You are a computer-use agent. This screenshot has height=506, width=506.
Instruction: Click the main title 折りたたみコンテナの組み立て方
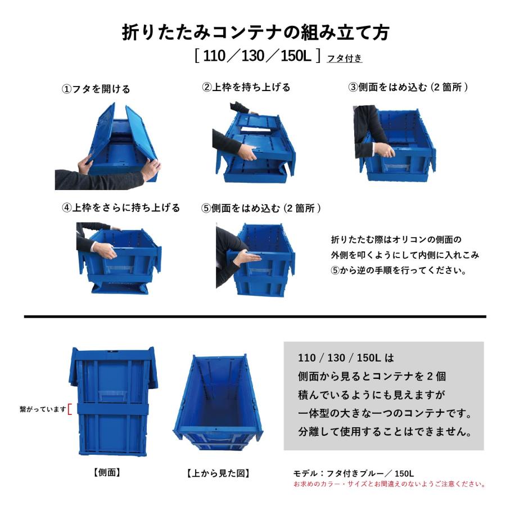[255, 32]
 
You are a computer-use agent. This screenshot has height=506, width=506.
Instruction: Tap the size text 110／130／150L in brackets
[256, 56]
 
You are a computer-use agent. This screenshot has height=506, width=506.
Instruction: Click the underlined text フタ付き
[344, 57]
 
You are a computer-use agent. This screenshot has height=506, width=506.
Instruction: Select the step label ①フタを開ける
[96, 89]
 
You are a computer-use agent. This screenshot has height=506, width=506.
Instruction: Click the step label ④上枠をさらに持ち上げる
[121, 207]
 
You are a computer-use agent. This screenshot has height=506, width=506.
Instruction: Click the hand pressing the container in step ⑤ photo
[245, 258]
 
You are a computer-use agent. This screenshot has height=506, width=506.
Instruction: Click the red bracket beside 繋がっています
[69, 409]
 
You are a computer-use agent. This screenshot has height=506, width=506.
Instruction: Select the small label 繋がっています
[42, 409]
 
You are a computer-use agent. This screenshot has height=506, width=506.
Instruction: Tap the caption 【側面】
[107, 473]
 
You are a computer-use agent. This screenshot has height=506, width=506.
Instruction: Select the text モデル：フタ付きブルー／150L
[354, 473]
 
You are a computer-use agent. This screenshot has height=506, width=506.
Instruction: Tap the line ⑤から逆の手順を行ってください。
[399, 270]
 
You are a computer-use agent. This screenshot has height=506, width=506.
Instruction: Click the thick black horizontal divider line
[255, 317]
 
